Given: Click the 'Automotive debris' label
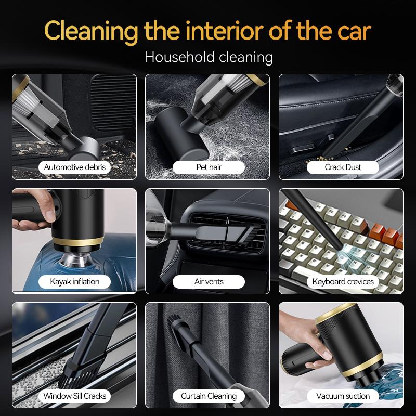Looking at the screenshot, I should pyautogui.click(x=74, y=167).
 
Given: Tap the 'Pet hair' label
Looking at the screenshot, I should pyautogui.click(x=208, y=167).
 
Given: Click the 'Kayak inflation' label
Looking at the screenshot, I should pyautogui.click(x=74, y=281).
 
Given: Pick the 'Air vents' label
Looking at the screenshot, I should pyautogui.click(x=208, y=281).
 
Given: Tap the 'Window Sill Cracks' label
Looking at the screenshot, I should pyautogui.click(x=74, y=396).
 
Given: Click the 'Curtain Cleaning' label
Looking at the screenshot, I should pyautogui.click(x=208, y=396).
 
